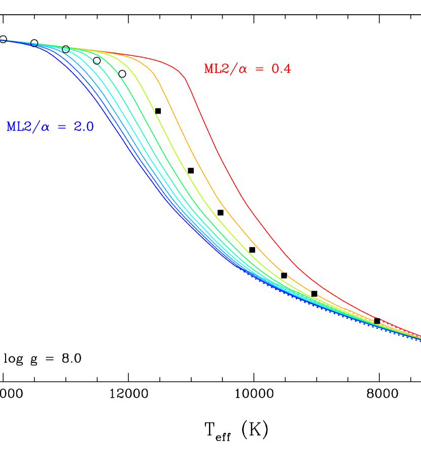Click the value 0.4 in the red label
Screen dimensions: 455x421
click(x=281, y=69)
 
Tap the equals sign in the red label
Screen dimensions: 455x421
click(x=260, y=69)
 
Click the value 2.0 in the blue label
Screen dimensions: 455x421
click(x=83, y=127)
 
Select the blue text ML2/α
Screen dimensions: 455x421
click(x=28, y=127)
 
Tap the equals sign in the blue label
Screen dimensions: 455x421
click(x=62, y=127)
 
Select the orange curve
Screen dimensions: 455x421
click(x=193, y=152)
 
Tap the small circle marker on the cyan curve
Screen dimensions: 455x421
click(x=65, y=49)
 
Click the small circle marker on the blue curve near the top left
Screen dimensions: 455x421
click(x=34, y=44)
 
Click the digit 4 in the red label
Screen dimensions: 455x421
click(x=288, y=69)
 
